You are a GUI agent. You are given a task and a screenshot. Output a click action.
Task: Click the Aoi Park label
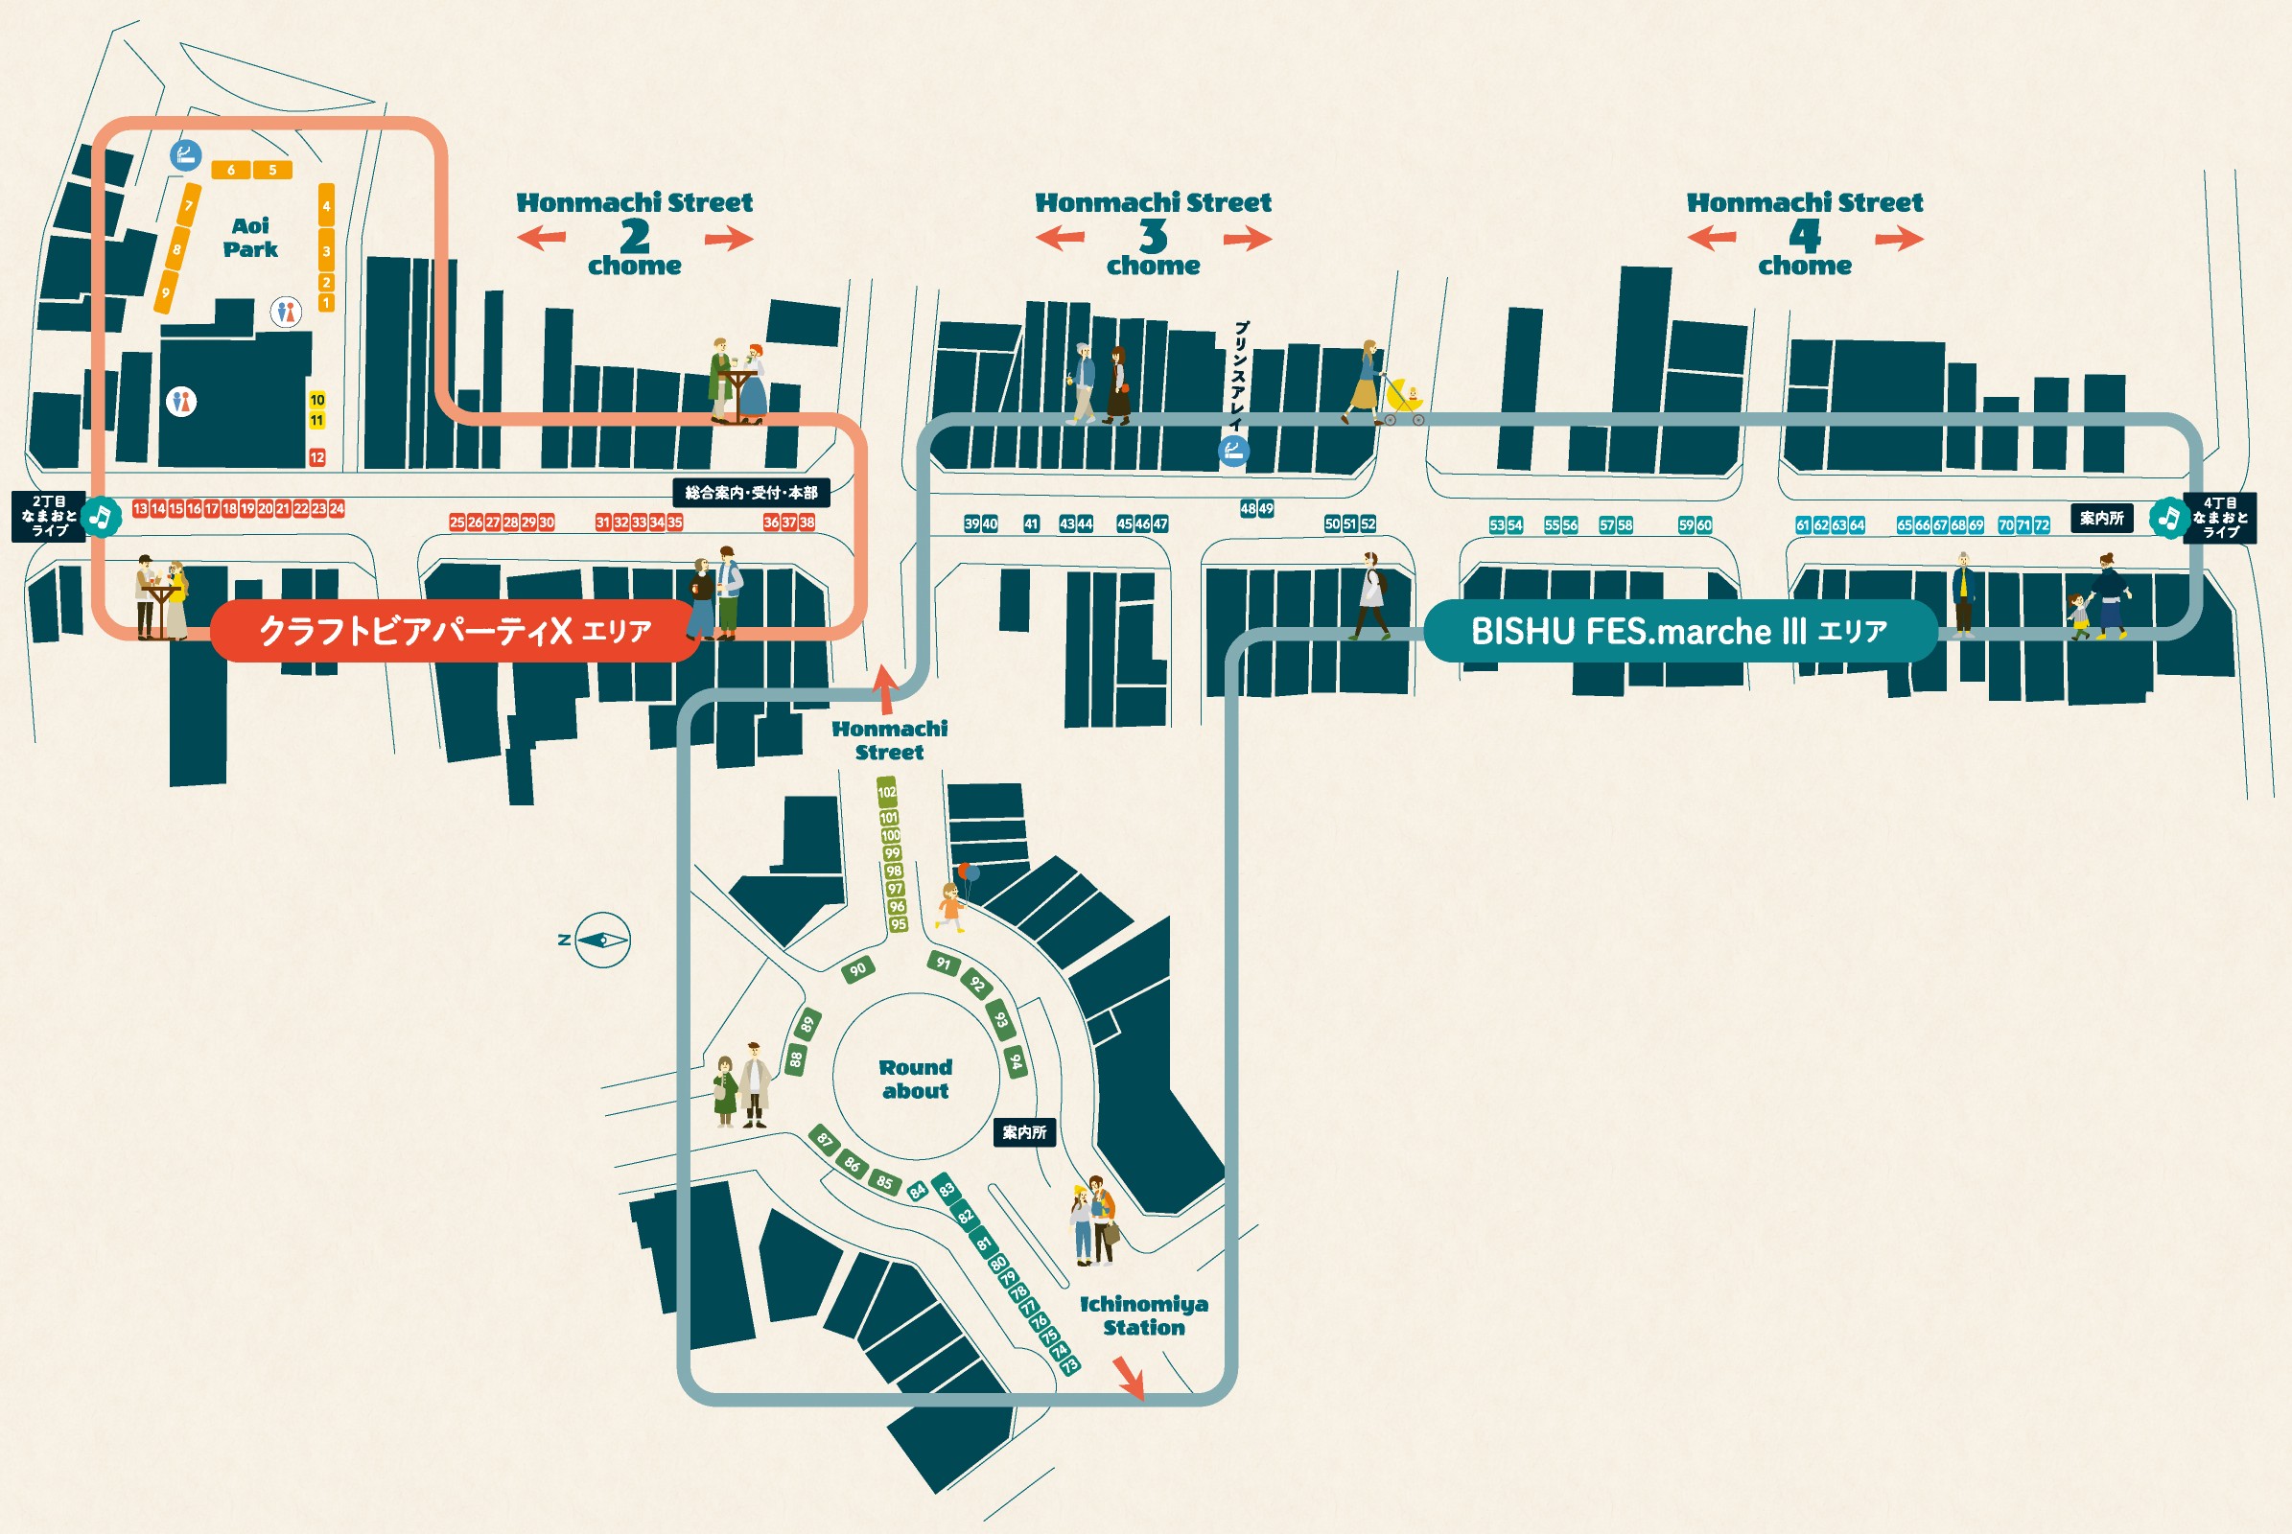click(250, 238)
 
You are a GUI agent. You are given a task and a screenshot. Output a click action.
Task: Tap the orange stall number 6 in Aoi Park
click(231, 171)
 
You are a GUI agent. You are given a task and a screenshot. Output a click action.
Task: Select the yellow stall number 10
click(317, 400)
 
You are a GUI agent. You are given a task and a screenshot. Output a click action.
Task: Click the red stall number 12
click(317, 457)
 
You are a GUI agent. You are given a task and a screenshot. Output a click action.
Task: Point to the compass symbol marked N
click(602, 941)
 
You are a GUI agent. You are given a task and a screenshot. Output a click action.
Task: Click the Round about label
click(915, 1080)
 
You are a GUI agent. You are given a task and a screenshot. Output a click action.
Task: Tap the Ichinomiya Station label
click(1143, 1315)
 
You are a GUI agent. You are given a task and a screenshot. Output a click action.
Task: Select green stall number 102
click(887, 793)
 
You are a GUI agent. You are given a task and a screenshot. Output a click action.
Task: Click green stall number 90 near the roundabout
click(858, 969)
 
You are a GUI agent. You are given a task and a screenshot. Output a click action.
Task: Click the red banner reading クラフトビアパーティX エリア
click(456, 631)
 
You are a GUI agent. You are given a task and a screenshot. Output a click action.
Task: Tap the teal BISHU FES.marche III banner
click(1679, 631)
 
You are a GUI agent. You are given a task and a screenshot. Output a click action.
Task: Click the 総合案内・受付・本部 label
click(751, 493)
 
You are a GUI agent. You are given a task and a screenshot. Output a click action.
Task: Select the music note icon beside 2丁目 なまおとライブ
click(101, 516)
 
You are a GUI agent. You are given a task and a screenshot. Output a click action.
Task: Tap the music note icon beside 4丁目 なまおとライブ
click(2168, 518)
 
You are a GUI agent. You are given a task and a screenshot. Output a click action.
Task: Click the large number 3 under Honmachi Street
click(1153, 236)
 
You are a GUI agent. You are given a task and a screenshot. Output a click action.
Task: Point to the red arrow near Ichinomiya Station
click(1129, 1379)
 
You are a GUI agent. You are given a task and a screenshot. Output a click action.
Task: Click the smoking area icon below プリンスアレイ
click(1233, 451)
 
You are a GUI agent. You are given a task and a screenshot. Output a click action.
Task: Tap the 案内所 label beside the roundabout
click(1023, 1133)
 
